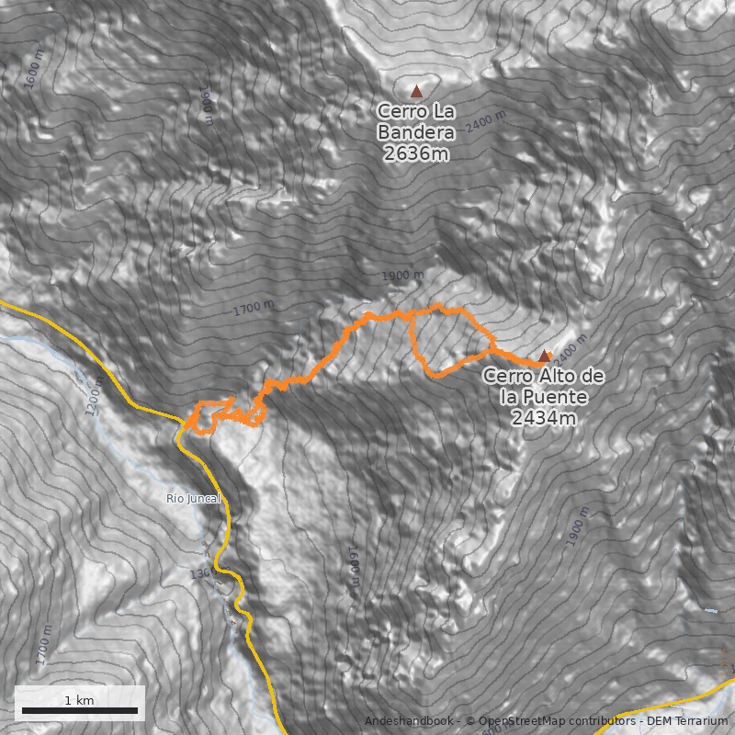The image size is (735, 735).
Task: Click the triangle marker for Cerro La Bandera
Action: (416, 91)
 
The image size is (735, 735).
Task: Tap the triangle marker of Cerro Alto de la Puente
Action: (544, 356)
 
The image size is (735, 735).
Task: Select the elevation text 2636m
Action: (416, 153)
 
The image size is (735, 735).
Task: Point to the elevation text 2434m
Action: (544, 419)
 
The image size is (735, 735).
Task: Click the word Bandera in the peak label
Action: (416, 131)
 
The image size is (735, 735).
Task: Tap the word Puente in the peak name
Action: (552, 397)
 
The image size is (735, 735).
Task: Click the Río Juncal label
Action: (194, 499)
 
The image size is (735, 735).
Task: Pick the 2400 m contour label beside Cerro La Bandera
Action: (485, 121)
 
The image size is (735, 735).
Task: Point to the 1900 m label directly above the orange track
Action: (403, 276)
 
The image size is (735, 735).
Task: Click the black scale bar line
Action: (80, 710)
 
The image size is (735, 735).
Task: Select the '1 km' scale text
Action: (79, 700)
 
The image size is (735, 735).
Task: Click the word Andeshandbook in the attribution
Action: (408, 721)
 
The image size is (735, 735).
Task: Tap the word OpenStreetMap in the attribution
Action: (518, 721)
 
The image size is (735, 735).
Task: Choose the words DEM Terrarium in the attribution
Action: (688, 721)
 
